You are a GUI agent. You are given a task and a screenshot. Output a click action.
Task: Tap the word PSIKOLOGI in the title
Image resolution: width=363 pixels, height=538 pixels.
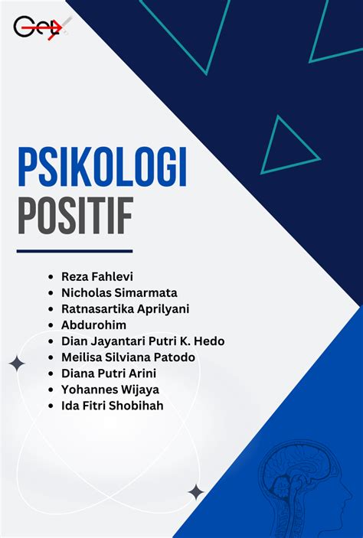pyautogui.click(x=103, y=167)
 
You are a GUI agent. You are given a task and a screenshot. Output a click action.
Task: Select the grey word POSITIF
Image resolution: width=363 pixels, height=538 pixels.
pyautogui.click(x=75, y=216)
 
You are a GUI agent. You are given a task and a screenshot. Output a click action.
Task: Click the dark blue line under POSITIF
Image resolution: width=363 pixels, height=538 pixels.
pyautogui.click(x=74, y=251)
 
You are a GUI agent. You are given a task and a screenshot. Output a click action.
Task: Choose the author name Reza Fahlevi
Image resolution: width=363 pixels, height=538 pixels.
pyautogui.click(x=97, y=276)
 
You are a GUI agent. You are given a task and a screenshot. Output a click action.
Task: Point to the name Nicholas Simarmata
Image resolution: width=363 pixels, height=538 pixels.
pyautogui.click(x=119, y=292)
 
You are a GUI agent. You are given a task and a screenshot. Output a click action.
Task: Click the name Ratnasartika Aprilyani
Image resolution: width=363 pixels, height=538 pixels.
pyautogui.click(x=126, y=309)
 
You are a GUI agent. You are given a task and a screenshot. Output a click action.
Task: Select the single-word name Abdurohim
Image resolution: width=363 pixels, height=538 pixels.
pyautogui.click(x=93, y=325)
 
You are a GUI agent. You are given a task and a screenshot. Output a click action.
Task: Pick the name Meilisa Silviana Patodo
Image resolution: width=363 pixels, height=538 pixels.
pyautogui.click(x=128, y=357)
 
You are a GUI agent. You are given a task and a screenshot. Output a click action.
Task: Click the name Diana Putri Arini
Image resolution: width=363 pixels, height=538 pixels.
pyautogui.click(x=109, y=373)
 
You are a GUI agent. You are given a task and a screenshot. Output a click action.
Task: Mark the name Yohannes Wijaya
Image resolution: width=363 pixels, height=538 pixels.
pyautogui.click(x=110, y=390)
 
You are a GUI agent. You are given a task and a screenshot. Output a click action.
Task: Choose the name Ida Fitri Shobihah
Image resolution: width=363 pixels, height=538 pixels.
pyautogui.click(x=113, y=406)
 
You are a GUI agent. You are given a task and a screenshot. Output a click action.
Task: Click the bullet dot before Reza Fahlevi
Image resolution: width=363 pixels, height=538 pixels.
pyautogui.click(x=51, y=277)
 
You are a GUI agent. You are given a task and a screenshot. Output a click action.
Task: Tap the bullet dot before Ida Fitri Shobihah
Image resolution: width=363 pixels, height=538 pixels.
pyautogui.click(x=51, y=406)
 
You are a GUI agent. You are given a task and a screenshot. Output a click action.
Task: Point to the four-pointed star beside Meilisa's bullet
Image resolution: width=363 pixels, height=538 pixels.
pyautogui.click(x=17, y=364)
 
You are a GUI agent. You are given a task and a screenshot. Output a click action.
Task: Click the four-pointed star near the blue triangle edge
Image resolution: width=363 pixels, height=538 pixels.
pyautogui.click(x=196, y=492)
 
